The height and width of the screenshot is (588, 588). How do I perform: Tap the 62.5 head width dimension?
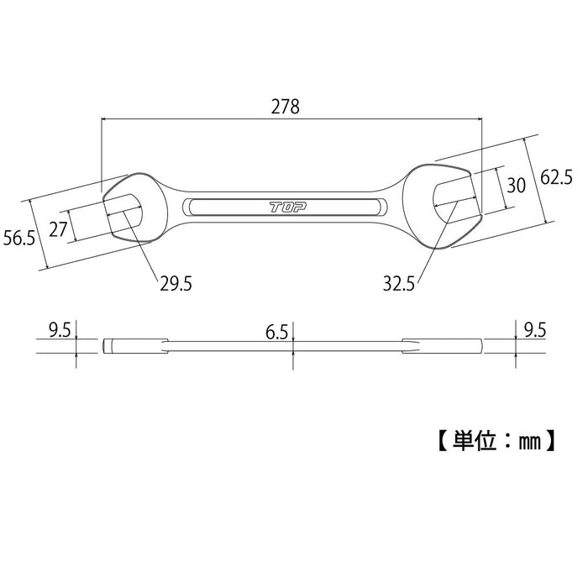(x=556, y=178)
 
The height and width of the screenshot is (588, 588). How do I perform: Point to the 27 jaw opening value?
(x=57, y=229)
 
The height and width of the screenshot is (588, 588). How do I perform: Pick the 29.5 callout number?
(x=176, y=284)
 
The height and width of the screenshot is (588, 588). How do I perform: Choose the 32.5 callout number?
(x=398, y=284)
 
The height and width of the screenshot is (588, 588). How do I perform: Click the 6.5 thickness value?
(x=277, y=333)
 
